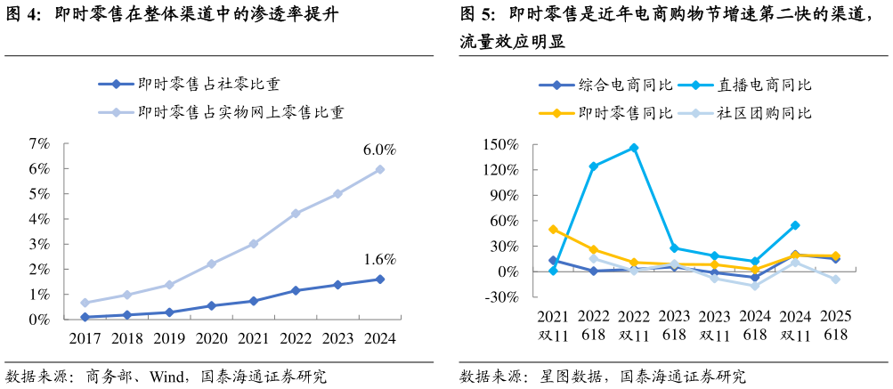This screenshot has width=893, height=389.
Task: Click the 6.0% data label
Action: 379,150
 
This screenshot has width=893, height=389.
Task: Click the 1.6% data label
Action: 379,260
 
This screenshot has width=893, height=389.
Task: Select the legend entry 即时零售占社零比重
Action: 209,85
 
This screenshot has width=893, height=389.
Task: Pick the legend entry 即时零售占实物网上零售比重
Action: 241,112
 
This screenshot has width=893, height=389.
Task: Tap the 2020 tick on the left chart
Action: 211,338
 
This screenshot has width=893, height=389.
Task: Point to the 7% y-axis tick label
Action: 38,143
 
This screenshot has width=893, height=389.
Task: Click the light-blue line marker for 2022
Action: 296,214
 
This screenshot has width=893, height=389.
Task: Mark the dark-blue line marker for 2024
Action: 380,280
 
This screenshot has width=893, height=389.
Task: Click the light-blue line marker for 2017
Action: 85,303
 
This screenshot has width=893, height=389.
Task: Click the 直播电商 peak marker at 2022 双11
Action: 634,148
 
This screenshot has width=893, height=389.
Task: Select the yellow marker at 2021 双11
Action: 554,229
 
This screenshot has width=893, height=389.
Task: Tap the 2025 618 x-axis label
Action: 835,326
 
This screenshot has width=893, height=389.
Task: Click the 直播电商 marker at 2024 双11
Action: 795,225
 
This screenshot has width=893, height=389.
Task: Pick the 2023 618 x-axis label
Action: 674,326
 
